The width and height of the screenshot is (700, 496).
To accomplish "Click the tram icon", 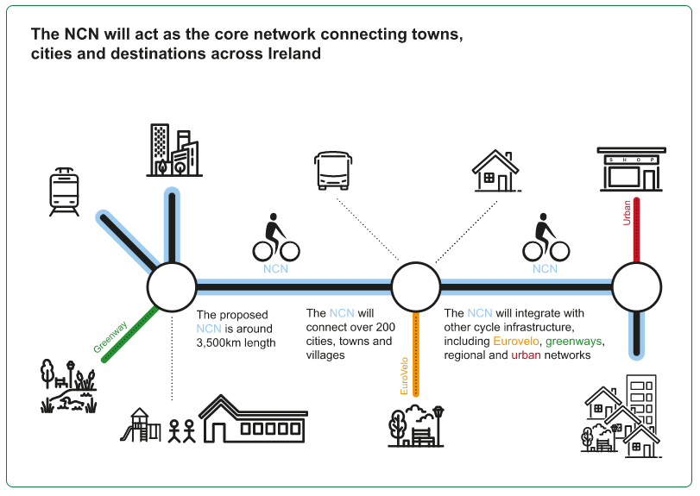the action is click(64, 191).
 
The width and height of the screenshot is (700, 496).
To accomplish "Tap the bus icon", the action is click(333, 171).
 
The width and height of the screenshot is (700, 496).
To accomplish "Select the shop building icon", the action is click(631, 169).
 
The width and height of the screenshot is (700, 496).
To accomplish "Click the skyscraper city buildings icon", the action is click(174, 150).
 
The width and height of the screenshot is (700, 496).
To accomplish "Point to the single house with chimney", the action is click(496, 171).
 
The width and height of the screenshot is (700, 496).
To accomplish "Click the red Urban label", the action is click(627, 213).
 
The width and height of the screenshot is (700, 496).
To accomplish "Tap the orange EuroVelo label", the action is click(404, 376).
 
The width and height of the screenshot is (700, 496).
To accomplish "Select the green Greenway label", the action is click(110, 336).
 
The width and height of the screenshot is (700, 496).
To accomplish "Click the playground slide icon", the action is click(140, 425).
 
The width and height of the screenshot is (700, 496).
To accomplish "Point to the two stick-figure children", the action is click(182, 431).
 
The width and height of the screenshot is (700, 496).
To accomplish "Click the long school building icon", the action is click(253, 419).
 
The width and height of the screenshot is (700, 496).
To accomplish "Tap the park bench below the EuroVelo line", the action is click(422, 436).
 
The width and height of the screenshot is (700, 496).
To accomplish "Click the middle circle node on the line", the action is click(416, 286).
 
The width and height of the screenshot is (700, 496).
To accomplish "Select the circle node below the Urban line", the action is click(637, 286).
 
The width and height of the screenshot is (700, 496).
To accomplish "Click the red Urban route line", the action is click(637, 230).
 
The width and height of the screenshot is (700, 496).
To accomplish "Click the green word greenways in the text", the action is click(574, 342).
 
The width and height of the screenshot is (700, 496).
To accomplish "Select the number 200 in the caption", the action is click(385, 327).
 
